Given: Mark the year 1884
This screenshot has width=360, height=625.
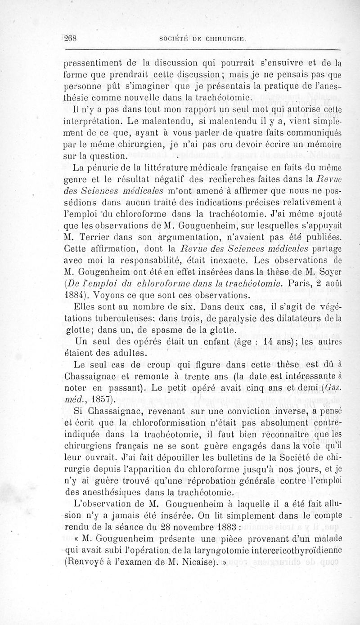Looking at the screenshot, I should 74,295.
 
